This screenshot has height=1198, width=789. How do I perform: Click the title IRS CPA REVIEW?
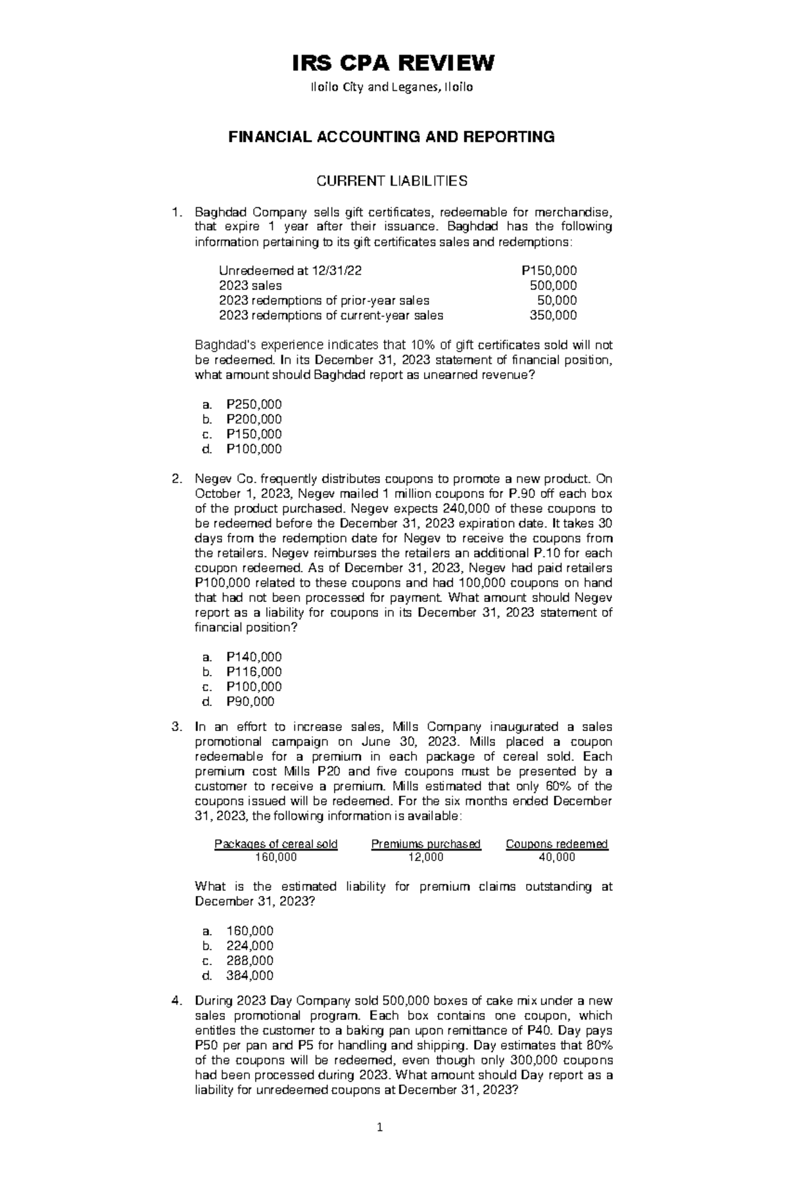(393, 64)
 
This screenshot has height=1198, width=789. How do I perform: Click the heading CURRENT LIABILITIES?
(393, 180)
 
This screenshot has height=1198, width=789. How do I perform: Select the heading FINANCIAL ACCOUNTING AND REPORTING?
(391, 137)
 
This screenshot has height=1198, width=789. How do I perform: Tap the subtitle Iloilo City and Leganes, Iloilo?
(393, 87)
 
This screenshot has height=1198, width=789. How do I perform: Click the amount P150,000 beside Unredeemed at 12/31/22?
(548, 270)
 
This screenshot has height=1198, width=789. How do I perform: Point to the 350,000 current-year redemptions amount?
(553, 315)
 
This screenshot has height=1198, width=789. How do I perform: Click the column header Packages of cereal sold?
(276, 844)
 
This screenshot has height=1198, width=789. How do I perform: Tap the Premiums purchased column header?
(425, 844)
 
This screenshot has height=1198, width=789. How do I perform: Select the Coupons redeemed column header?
(556, 844)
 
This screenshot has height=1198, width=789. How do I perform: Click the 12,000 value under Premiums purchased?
(425, 857)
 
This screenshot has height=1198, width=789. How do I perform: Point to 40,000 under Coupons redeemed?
(556, 857)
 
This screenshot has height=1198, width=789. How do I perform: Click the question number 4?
(176, 1001)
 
